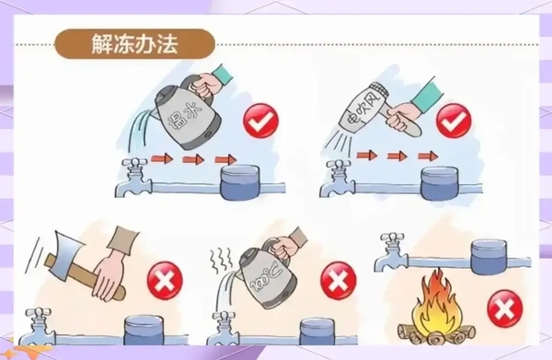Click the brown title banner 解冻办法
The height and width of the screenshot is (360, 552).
point(135,43)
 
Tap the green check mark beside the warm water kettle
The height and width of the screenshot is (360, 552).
point(260,121)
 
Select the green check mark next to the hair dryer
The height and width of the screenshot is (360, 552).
point(454,121)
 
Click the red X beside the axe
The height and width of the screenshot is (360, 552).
point(165,281)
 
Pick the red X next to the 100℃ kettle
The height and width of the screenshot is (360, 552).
point(338,281)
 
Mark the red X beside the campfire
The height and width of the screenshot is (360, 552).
point(505,308)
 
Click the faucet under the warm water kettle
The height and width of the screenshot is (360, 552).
point(134,177)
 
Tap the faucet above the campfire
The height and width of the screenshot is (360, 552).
point(392,251)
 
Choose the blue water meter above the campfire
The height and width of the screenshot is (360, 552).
point(489,257)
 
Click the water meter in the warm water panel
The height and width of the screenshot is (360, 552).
point(240,182)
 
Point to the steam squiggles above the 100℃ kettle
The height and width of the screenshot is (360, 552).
point(221,259)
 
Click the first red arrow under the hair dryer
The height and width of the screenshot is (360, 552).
point(367,156)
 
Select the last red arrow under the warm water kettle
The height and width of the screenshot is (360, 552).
point(225,159)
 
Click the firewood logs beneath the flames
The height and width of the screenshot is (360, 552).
point(436,334)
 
